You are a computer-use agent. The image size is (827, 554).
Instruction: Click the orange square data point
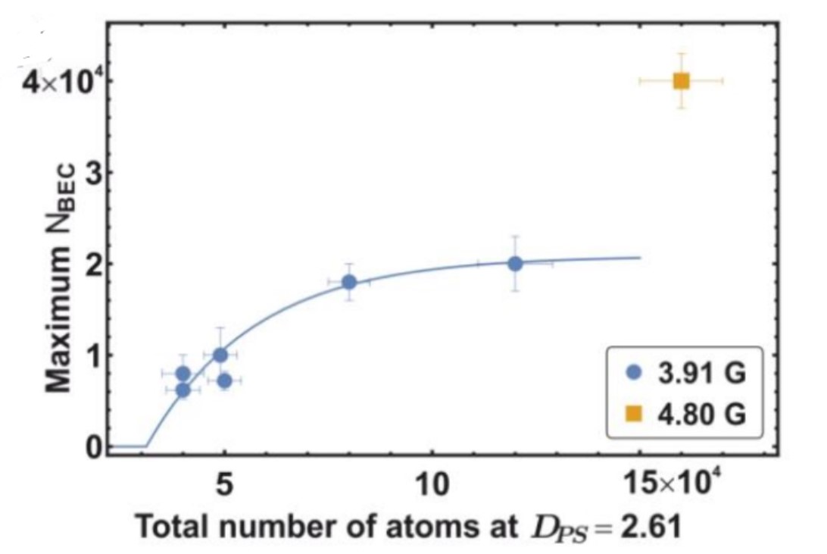coord(681,80)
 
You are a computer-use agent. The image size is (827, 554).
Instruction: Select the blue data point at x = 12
coord(515,264)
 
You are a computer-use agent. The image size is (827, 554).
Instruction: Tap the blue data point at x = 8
coord(349,282)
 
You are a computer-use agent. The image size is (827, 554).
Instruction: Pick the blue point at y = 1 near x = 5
coord(220,355)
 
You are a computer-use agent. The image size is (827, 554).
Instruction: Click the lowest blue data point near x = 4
coord(183,390)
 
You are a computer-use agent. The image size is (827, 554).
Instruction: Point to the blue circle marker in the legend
coord(635,373)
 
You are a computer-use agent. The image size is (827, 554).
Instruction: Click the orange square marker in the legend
coord(635,413)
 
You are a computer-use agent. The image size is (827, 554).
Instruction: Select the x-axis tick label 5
coord(224,484)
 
